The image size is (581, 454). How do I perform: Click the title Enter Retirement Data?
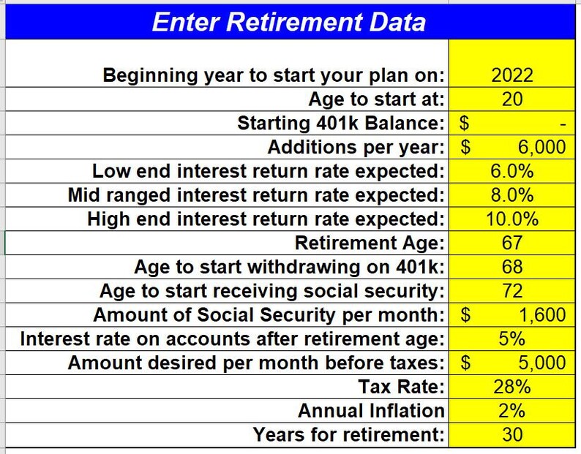click(x=288, y=21)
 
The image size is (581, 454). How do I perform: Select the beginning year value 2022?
click(x=512, y=75)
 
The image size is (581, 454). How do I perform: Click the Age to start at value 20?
click(x=512, y=99)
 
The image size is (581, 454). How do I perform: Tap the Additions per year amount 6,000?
click(x=541, y=147)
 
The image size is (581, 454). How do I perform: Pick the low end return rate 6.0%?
click(x=512, y=171)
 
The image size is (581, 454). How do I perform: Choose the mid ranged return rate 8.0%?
click(x=512, y=195)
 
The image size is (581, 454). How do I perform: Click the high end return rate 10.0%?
click(x=512, y=219)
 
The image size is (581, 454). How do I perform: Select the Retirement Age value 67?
click(x=512, y=243)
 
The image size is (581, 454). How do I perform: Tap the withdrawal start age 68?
click(x=512, y=267)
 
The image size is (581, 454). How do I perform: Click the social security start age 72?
click(x=512, y=291)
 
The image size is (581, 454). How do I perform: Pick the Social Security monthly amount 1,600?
click(x=541, y=315)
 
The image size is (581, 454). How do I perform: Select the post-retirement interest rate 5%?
click(x=512, y=339)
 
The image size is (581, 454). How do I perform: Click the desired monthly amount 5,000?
click(x=541, y=363)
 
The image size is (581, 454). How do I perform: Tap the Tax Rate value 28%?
click(x=512, y=387)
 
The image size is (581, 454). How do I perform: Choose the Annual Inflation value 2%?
click(x=512, y=411)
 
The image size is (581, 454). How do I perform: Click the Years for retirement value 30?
click(x=512, y=435)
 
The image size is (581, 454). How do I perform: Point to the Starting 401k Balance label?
click(x=341, y=124)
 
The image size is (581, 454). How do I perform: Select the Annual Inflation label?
click(x=371, y=411)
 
